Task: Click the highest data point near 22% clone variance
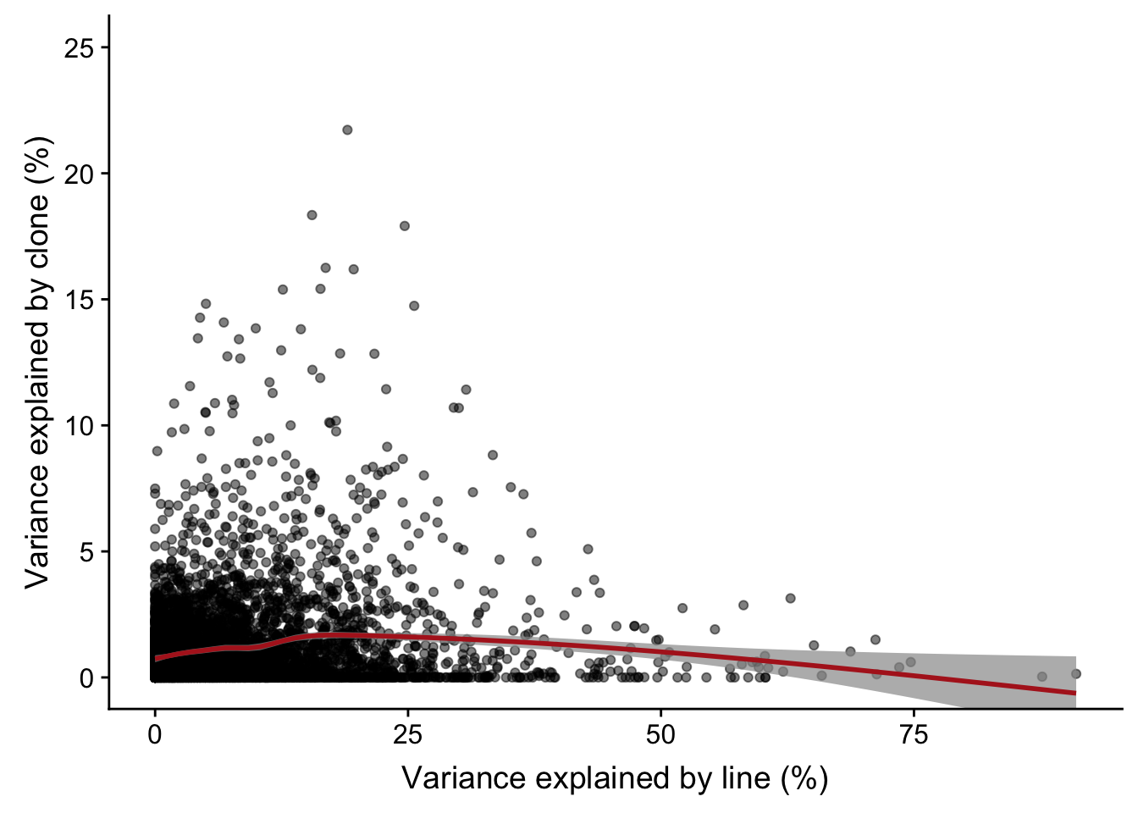347,130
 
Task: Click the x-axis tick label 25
407,734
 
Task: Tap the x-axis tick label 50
660,734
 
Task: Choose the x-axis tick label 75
914,734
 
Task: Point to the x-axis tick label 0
155,734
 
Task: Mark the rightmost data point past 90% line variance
1076,674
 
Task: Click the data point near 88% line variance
1042,677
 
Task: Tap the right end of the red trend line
1075,693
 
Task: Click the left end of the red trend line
156,658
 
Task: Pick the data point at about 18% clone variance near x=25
405,226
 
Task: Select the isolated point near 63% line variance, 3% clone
791,598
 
